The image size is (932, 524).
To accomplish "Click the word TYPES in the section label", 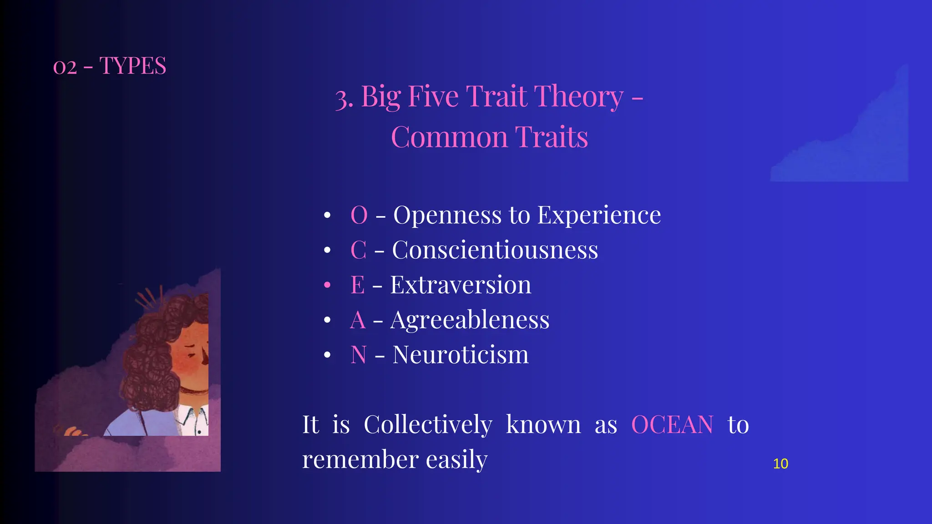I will [x=132, y=66].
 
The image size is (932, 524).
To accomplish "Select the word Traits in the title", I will [x=551, y=137].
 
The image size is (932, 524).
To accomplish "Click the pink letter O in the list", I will [x=359, y=215].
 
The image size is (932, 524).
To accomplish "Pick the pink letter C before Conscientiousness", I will [x=358, y=250].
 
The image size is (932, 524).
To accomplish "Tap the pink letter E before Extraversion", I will [x=357, y=285].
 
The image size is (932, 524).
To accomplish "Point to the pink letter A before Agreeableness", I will [x=358, y=320].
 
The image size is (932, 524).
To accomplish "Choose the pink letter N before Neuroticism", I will [x=358, y=355].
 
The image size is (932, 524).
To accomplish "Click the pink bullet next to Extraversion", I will [x=327, y=285].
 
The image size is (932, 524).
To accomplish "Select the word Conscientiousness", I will [x=495, y=250].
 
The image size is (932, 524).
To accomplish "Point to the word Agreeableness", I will [x=470, y=320].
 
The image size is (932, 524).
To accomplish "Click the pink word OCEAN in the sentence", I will [x=672, y=425].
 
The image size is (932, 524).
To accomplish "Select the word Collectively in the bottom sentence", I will [x=428, y=425].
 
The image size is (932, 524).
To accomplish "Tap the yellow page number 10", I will [x=780, y=464].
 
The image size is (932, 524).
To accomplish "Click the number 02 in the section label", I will [x=65, y=67].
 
